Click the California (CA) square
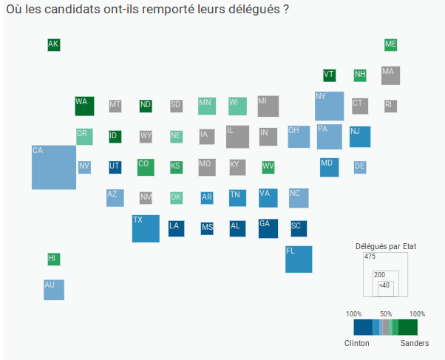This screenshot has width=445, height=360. pyautogui.click(x=54, y=168)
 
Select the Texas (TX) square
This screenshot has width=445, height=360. pyautogui.click(x=146, y=228)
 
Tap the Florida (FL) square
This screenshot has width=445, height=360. pyautogui.click(x=299, y=259)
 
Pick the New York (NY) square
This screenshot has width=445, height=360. pyautogui.click(x=329, y=106)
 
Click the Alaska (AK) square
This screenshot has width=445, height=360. pyautogui.click(x=53, y=44)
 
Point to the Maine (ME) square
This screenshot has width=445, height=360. pyautogui.click(x=391, y=44)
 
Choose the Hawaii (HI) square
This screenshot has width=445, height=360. pyautogui.click(x=53, y=259)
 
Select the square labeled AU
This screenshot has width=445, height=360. pyautogui.click(x=54, y=290)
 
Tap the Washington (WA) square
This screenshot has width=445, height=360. pyautogui.click(x=84, y=106)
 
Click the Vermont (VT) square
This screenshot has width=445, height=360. pyautogui.click(x=330, y=75)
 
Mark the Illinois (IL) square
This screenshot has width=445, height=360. pyautogui.click(x=237, y=137)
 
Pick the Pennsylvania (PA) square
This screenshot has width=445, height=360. pyautogui.click(x=329, y=137)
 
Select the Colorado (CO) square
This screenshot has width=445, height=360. pyautogui.click(x=146, y=167)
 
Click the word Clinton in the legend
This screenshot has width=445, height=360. pyautogui.click(x=357, y=343)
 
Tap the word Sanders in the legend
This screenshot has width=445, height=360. pyautogui.click(x=414, y=343)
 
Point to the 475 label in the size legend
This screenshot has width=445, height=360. pyautogui.click(x=370, y=257)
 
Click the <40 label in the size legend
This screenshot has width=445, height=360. pyautogui.click(x=384, y=285)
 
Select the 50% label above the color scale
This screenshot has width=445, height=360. pyautogui.click(x=385, y=313)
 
